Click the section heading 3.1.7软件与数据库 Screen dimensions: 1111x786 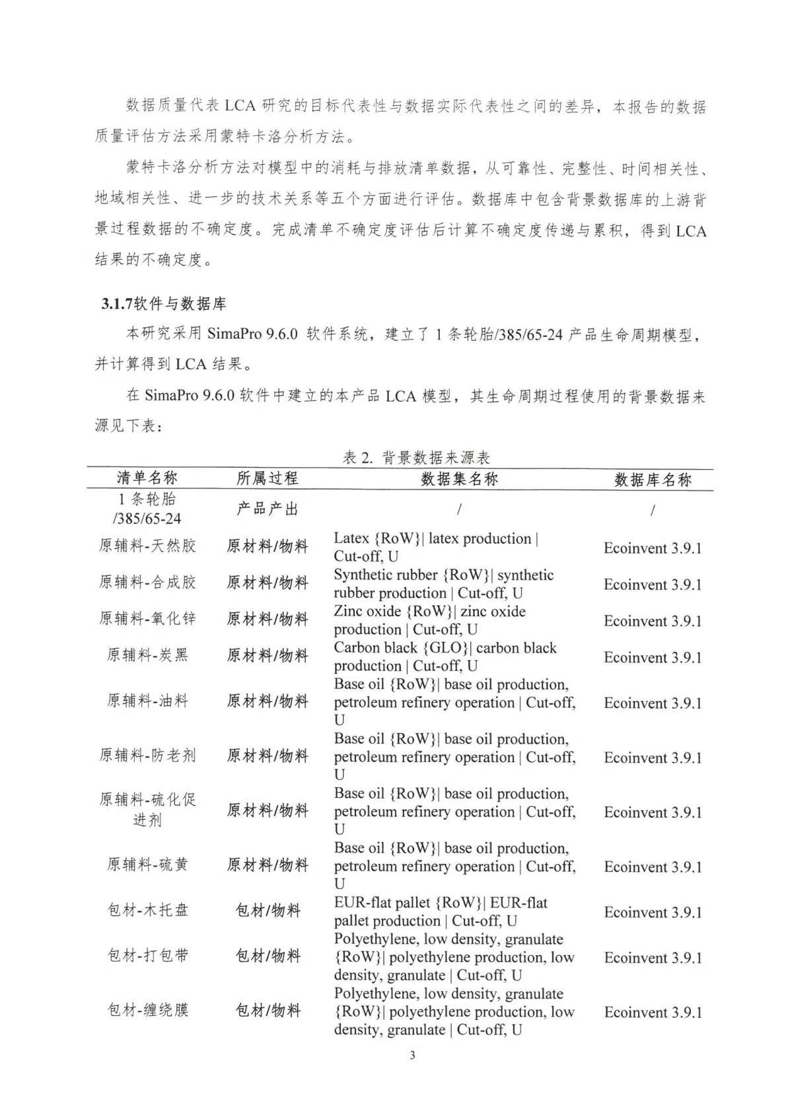[x=164, y=303]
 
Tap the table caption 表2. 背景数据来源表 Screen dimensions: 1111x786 [x=416, y=457]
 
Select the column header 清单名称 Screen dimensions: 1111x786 [x=147, y=478]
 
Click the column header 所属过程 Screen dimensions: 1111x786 [x=268, y=478]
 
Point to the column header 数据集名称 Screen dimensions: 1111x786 [x=459, y=479]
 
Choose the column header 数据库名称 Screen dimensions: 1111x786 [x=653, y=480]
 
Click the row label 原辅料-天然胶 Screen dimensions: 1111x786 [x=147, y=546]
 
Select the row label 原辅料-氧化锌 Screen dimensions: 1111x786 [x=147, y=619]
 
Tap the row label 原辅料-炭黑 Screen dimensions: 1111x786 [x=147, y=655]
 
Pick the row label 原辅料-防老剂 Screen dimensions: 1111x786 [x=147, y=755]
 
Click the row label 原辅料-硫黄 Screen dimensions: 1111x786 [x=147, y=864]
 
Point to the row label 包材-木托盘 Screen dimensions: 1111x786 [x=147, y=910]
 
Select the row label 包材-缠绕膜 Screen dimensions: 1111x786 [x=147, y=1010]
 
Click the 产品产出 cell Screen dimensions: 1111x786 [x=268, y=509]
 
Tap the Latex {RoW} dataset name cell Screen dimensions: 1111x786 [x=436, y=548]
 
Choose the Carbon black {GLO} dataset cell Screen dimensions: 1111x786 [x=445, y=657]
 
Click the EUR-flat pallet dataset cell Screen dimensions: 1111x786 [x=441, y=912]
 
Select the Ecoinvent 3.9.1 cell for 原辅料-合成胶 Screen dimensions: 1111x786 [x=653, y=585]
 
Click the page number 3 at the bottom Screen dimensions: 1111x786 [x=413, y=1055]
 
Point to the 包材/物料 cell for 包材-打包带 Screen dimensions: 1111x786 [x=268, y=956]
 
